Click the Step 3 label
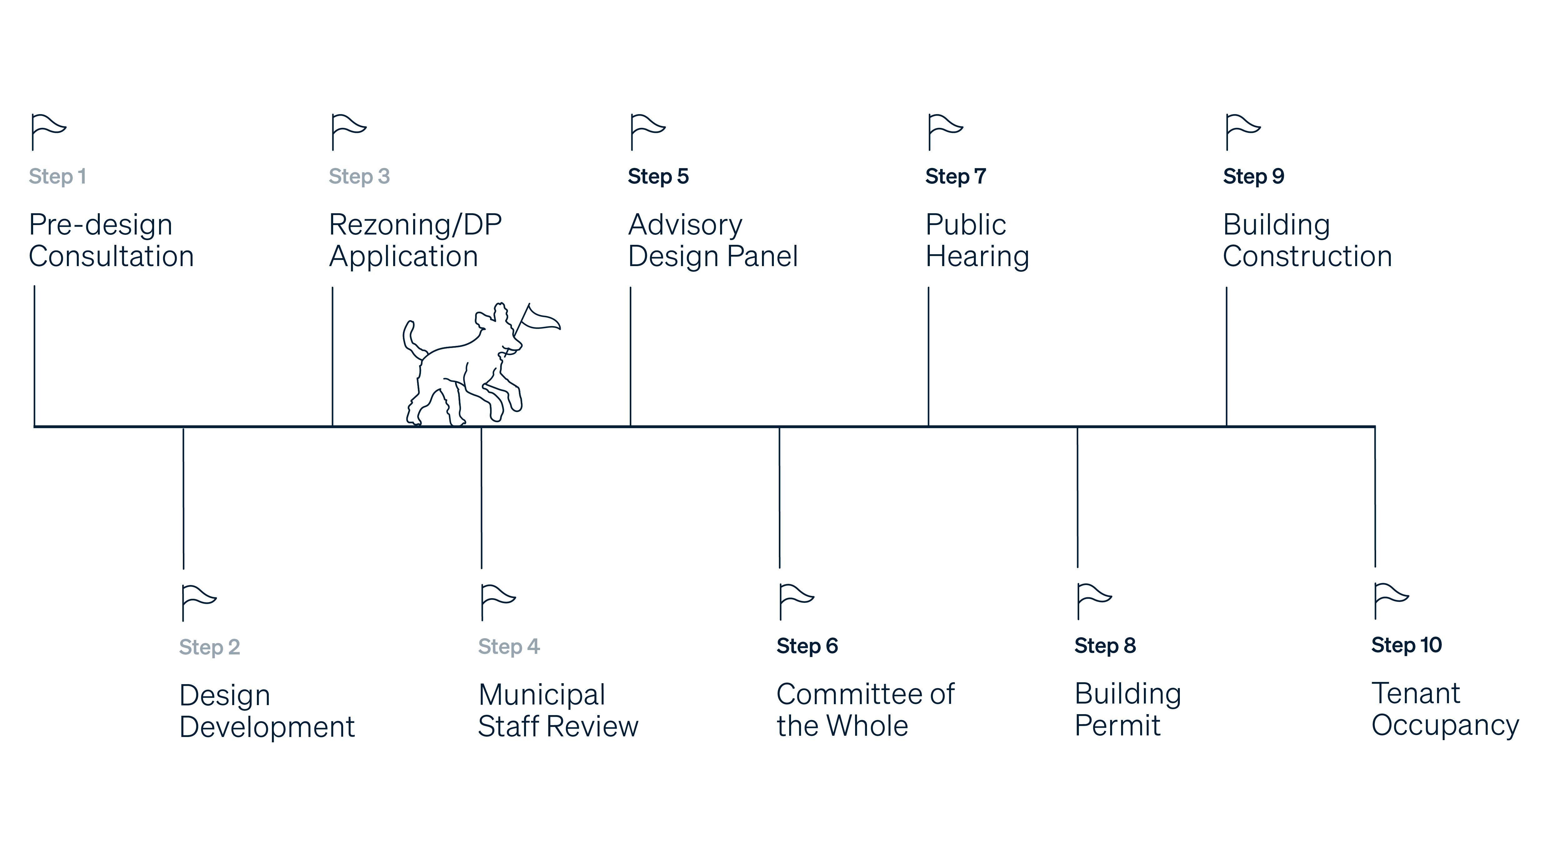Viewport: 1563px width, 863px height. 358,177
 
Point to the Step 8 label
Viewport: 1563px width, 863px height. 1104,646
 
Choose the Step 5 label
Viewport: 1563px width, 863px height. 658,177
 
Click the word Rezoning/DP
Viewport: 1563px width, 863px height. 415,225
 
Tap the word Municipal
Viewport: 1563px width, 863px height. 541,695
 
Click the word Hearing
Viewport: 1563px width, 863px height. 977,257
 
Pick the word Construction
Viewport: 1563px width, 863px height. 1307,257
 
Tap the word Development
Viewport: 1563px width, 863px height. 267,727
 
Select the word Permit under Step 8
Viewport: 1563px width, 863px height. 1117,726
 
